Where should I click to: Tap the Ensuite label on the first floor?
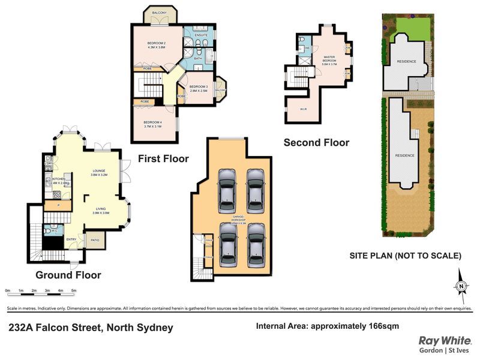pyautogui.click(x=201, y=35)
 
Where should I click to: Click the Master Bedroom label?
pyautogui.click(x=328, y=59)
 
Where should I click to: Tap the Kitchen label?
pyautogui.click(x=58, y=180)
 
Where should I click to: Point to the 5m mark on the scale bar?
pyautogui.click(x=74, y=290)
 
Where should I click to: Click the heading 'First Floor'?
pyautogui.click(x=163, y=159)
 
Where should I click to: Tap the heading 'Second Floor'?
pyautogui.click(x=316, y=143)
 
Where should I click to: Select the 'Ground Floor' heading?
pyautogui.click(x=68, y=275)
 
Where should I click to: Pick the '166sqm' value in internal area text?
pyautogui.click(x=380, y=326)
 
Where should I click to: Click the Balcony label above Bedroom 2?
pyautogui.click(x=160, y=13)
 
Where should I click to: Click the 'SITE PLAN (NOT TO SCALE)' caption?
pyautogui.click(x=405, y=256)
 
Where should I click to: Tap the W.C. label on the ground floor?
pyautogui.click(x=53, y=229)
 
